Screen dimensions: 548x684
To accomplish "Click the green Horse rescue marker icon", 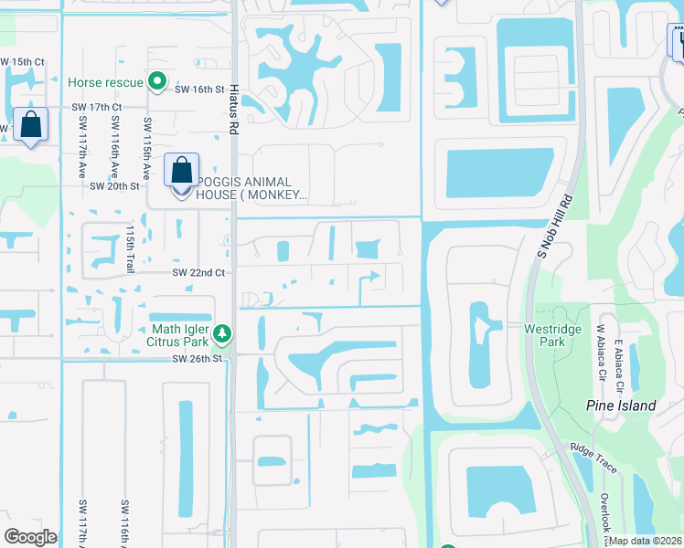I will pos(157,82).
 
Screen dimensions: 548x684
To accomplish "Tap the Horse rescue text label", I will pos(105,82).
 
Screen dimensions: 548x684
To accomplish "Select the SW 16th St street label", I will pos(201,90).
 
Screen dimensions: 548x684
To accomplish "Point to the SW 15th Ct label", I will pos(22,62).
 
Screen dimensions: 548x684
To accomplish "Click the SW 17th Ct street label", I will pos(97,107).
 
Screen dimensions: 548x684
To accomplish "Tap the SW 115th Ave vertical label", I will pos(146,146).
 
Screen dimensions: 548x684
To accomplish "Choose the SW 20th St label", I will pos(114,185).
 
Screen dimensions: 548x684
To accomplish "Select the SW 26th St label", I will pos(197,359).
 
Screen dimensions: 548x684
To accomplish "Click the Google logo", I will pos(30,537).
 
